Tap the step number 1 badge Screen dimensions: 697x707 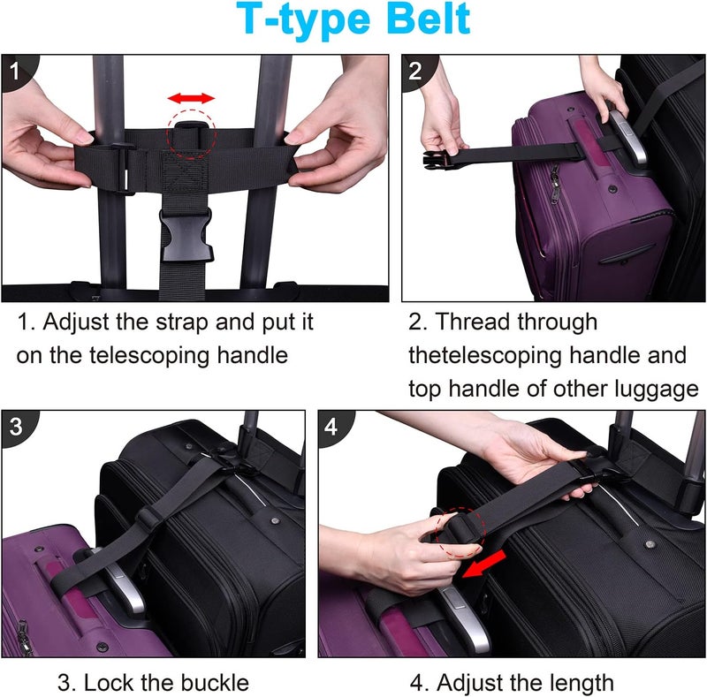[17, 71]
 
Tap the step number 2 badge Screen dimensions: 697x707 [417, 71]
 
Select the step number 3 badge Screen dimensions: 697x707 [17, 426]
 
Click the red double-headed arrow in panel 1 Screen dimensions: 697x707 [192, 97]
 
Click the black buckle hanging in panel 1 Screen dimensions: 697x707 [184, 234]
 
